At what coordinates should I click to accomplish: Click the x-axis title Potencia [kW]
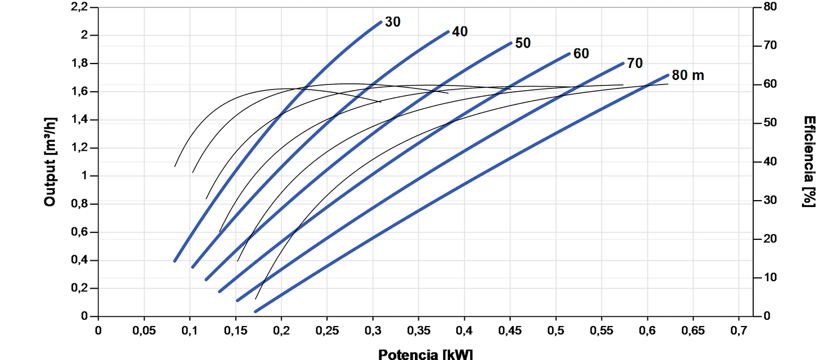(425, 354)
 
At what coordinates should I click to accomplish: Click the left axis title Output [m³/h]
(50, 162)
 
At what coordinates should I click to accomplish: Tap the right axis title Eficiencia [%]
(809, 162)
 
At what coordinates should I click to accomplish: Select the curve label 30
(392, 22)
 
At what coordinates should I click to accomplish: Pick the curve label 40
(460, 32)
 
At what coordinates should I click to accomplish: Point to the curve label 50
(523, 43)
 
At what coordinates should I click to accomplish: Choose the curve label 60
(581, 54)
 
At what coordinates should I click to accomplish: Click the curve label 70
(635, 63)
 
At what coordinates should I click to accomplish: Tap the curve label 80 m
(688, 75)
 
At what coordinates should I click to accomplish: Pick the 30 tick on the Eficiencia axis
(766, 201)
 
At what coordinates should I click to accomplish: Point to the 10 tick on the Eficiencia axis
(766, 278)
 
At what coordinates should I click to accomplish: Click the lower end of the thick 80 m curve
(256, 311)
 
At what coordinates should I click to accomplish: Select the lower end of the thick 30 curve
(175, 261)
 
